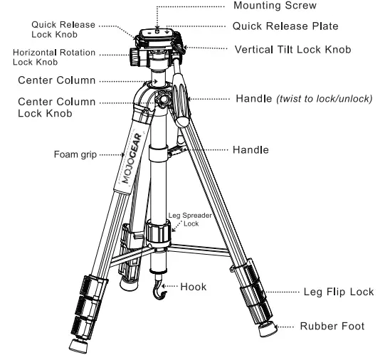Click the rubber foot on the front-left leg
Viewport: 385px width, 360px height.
pos(76,345)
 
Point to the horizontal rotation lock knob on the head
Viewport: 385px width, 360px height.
pos(135,55)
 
